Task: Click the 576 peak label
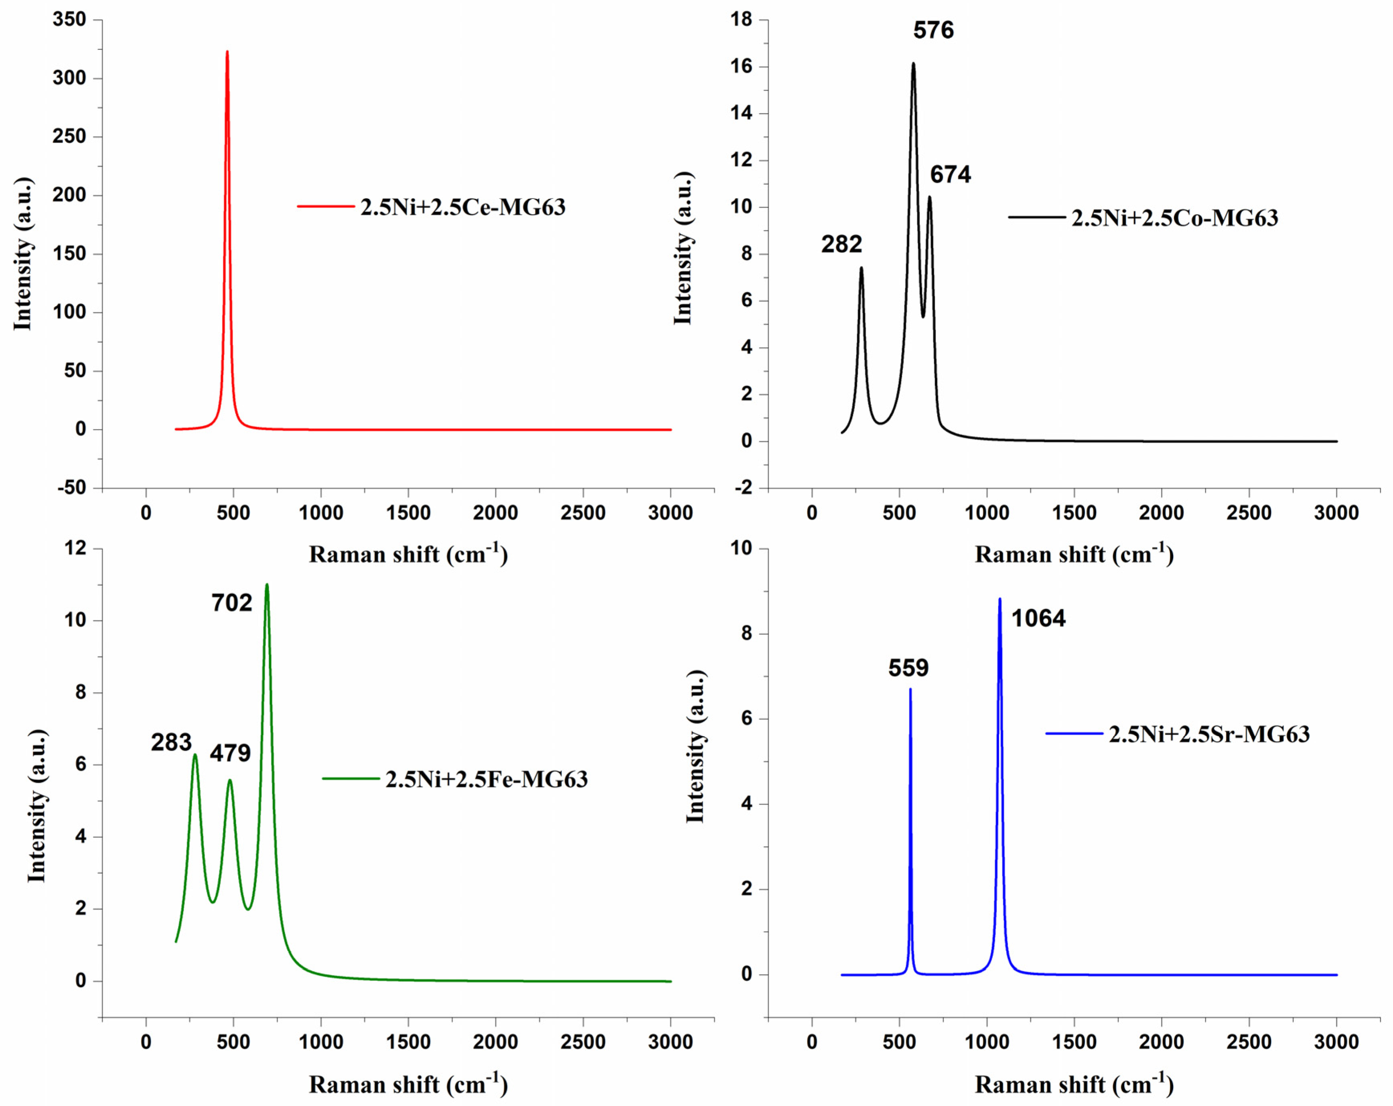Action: (933, 30)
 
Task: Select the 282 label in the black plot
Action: (841, 244)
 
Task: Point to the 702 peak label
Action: (231, 603)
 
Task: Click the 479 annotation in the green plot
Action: (230, 753)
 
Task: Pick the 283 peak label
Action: (171, 742)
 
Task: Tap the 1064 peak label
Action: (1038, 618)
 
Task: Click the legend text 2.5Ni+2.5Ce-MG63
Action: (462, 207)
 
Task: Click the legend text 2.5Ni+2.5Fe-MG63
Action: (487, 779)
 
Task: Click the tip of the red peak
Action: (227, 52)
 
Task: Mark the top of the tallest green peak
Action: (267, 585)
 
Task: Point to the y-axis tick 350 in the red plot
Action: (69, 19)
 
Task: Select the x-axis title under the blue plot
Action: (1074, 1084)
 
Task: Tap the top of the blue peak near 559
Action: (910, 689)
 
